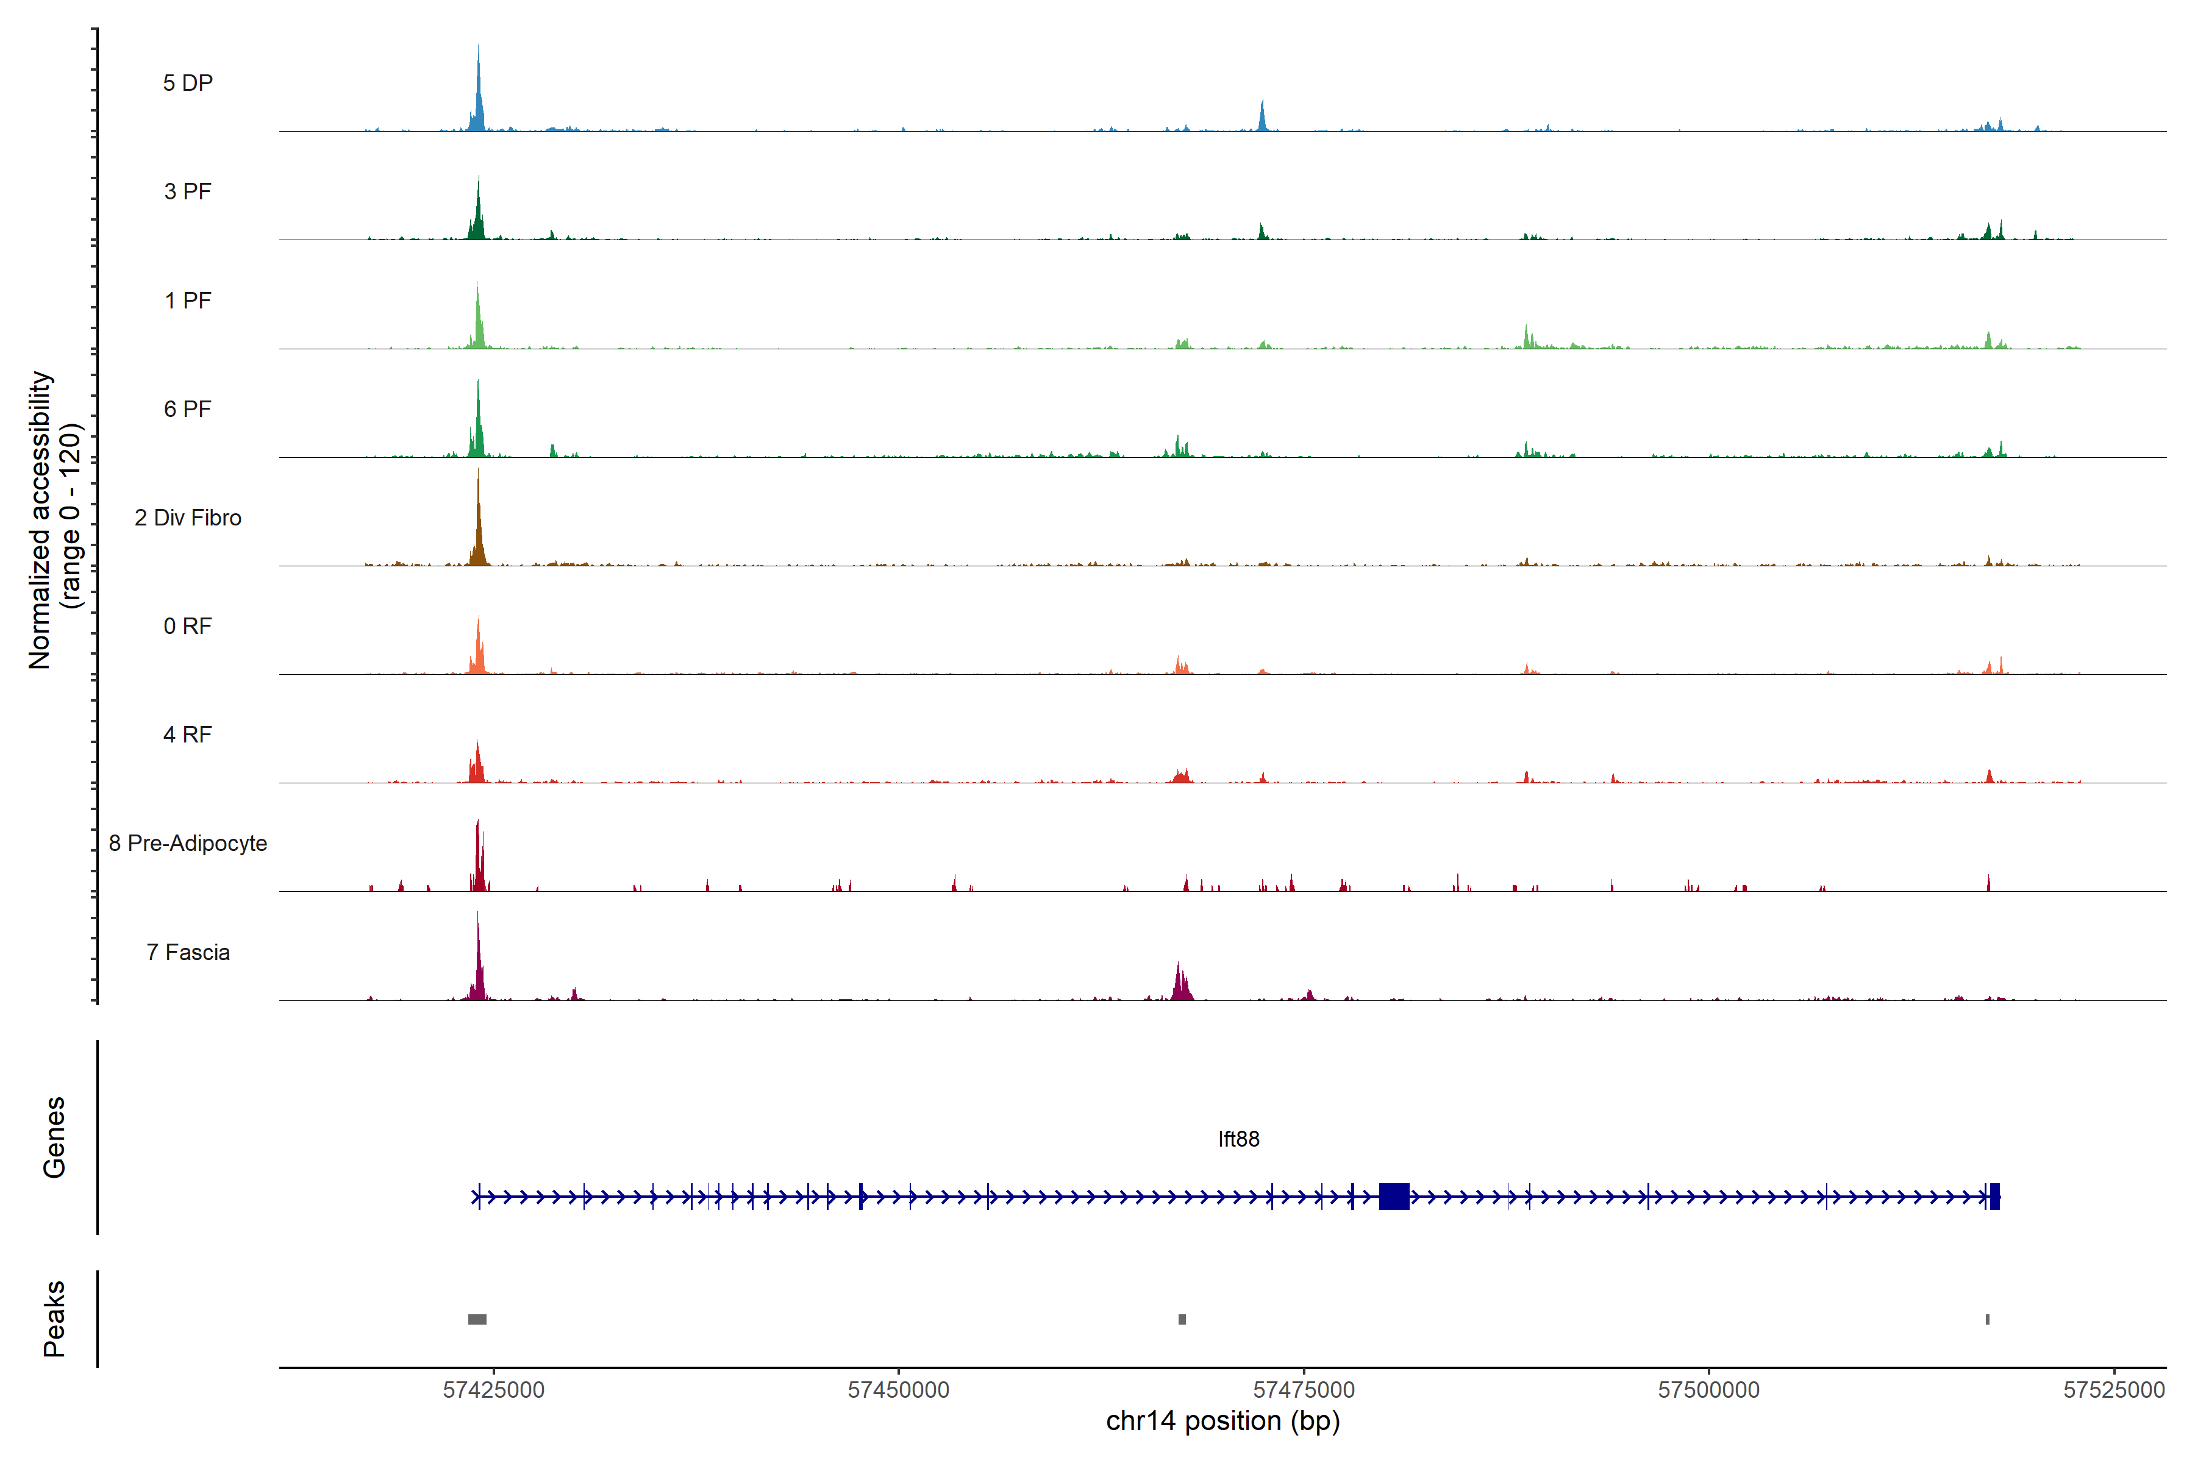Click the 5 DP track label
coord(188,83)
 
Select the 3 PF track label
coord(188,191)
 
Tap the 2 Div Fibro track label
coord(188,518)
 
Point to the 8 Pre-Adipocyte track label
coord(188,844)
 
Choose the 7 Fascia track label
coord(188,953)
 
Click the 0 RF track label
coord(188,626)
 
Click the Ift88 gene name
coord(1238,1139)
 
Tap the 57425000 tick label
coord(494,1390)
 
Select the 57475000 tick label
coord(1304,1390)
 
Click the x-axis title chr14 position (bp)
coord(1222,1421)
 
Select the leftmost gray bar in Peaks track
coord(477,1319)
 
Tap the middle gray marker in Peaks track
coord(1182,1319)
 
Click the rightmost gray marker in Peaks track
coord(1988,1319)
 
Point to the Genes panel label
coord(54,1137)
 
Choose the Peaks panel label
coord(54,1319)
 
